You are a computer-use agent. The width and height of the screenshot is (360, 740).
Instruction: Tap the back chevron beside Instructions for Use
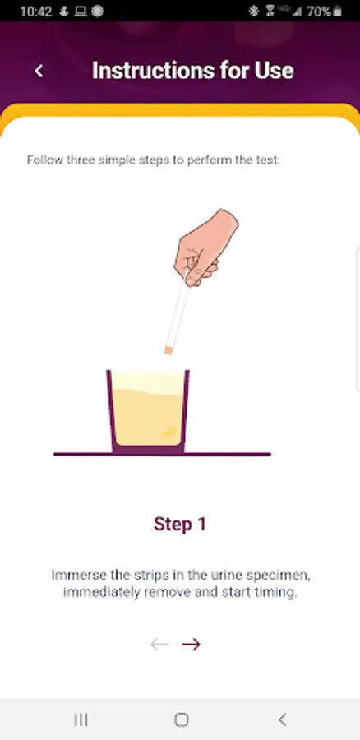[x=39, y=71]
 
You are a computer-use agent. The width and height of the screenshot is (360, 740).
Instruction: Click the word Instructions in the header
[x=152, y=71]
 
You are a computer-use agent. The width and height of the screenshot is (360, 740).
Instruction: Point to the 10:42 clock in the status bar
[x=36, y=12]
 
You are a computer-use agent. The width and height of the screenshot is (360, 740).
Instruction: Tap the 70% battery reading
[x=319, y=12]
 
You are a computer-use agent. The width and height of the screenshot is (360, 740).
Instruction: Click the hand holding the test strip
[x=205, y=247]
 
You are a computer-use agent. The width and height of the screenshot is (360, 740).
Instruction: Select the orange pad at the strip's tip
[x=168, y=349]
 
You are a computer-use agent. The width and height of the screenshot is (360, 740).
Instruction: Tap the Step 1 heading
[x=180, y=524]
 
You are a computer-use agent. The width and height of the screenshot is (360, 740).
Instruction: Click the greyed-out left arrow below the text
[x=159, y=644]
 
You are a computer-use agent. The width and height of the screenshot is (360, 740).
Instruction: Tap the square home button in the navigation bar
[x=181, y=719]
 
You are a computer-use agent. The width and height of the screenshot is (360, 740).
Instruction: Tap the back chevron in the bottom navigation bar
[x=282, y=719]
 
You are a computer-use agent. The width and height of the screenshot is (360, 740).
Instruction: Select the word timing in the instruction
[x=278, y=593]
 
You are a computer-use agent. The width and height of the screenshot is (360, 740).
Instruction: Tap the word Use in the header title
[x=276, y=71]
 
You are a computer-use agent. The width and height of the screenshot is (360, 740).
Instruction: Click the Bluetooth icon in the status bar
[x=254, y=12]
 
